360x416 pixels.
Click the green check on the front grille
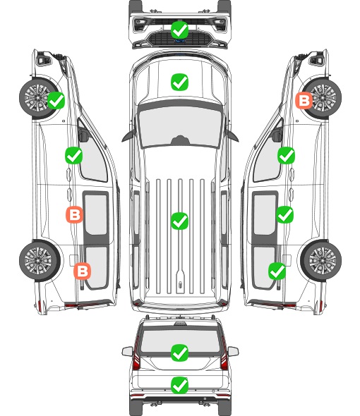click(180, 30)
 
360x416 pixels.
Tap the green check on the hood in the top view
click(180, 82)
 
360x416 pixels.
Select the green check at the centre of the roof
click(180, 221)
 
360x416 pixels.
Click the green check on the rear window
click(180, 353)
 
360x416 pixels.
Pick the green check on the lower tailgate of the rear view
click(180, 385)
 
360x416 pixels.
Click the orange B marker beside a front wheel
click(304, 101)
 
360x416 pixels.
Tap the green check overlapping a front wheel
click(56, 100)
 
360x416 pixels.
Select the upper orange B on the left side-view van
click(74, 214)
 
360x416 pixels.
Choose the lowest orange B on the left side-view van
click(82, 271)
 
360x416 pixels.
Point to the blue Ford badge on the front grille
click(180, 41)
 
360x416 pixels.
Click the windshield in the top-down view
click(180, 126)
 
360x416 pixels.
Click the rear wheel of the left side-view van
click(40, 260)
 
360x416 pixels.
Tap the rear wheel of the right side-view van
click(321, 260)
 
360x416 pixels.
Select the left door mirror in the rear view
click(128, 352)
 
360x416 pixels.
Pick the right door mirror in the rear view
click(233, 352)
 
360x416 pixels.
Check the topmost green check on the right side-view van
click(286, 155)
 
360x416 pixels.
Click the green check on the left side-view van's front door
click(73, 155)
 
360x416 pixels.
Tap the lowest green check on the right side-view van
click(277, 271)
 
